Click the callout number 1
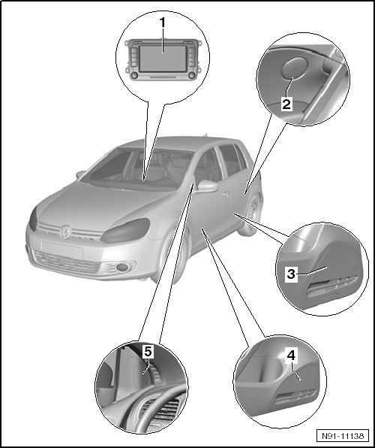tap(163, 23)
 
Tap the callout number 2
tap(286, 104)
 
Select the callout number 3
tap(290, 274)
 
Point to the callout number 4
tap(291, 356)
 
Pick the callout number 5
tap(148, 352)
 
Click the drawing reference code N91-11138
tap(343, 436)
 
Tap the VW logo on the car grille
tap(64, 232)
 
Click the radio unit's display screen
tap(163, 59)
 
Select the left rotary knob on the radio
tap(134, 75)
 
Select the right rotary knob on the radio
tap(191, 75)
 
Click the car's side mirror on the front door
tap(207, 186)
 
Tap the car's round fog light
tap(122, 268)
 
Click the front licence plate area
tap(62, 249)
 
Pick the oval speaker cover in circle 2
tap(294, 68)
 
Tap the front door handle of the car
tap(226, 194)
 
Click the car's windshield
tap(137, 168)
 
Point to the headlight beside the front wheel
tap(125, 230)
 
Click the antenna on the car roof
tap(205, 135)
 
